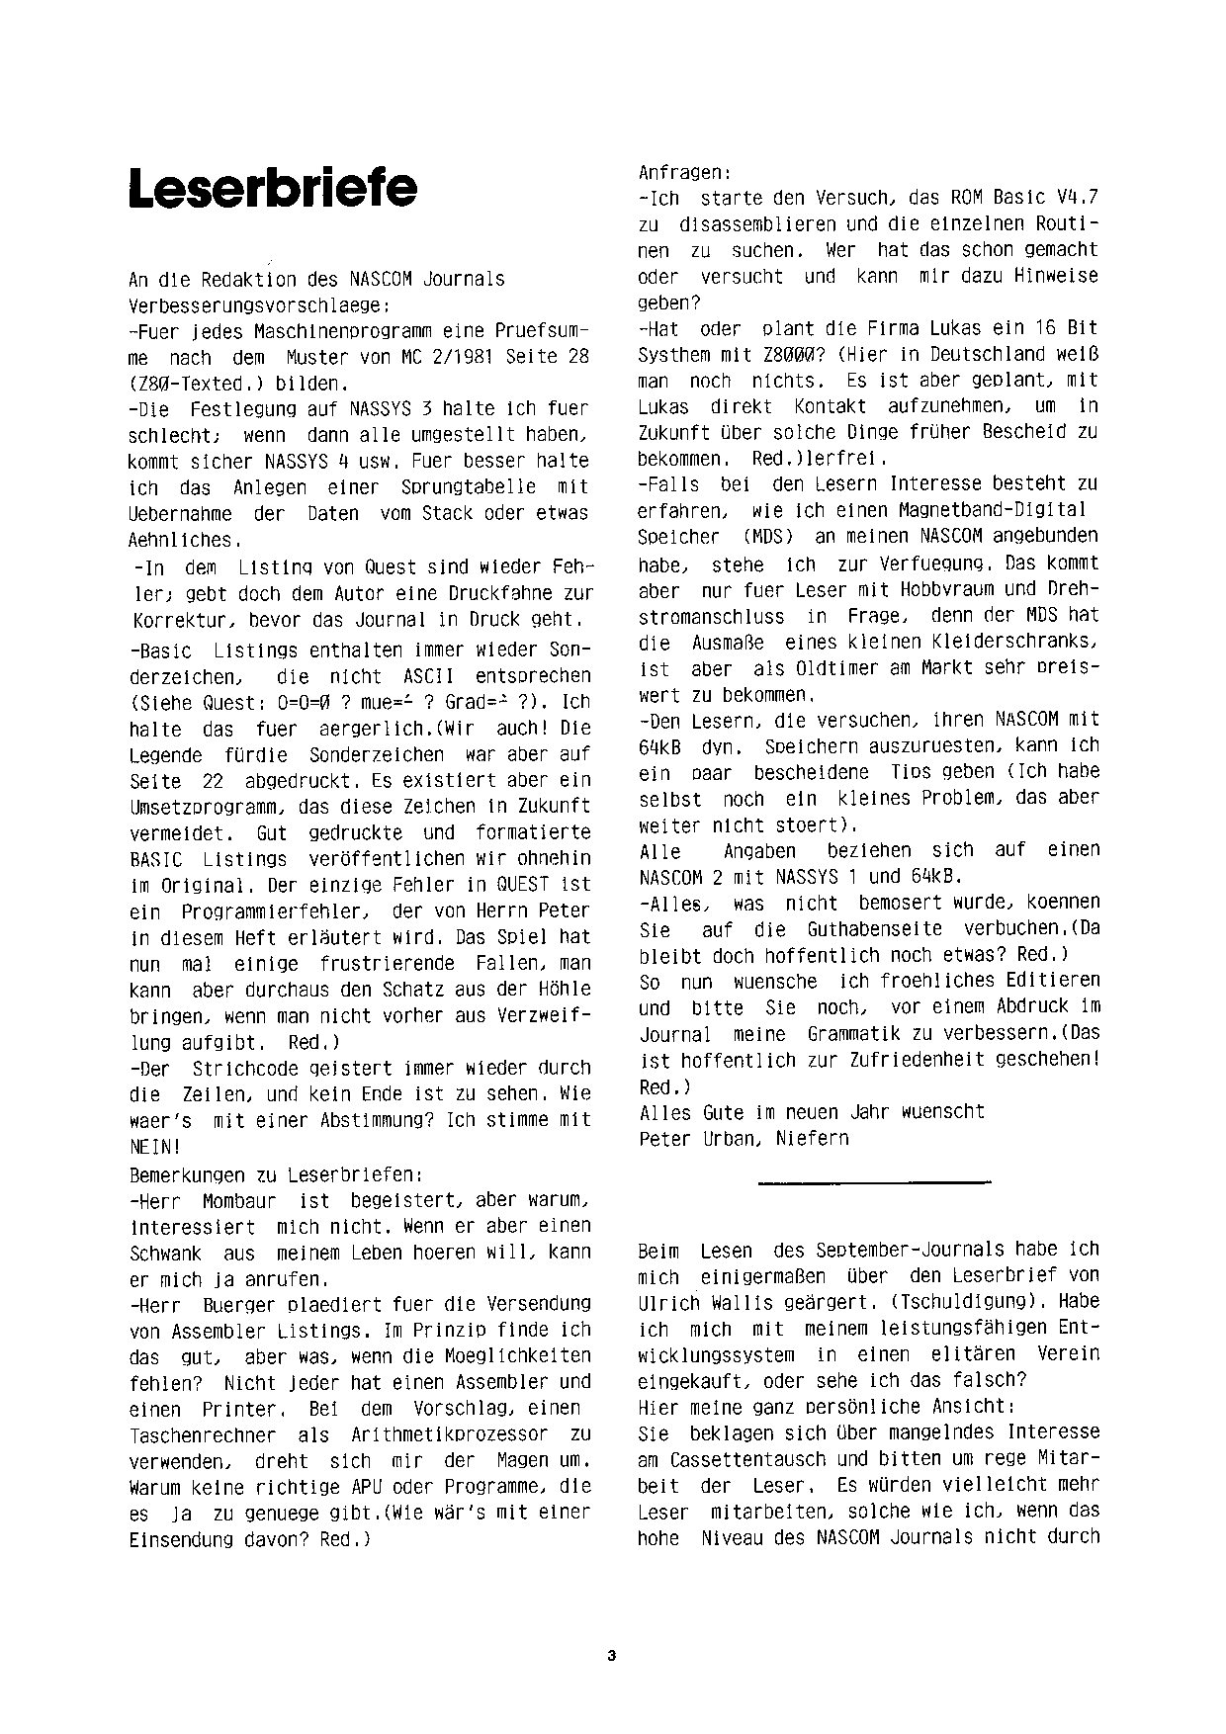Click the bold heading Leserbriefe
click(273, 188)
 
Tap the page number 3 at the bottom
click(612, 1655)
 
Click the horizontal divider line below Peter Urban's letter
click(873, 1181)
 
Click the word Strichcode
click(254, 1068)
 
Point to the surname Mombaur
click(237, 1201)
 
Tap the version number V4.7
click(1068, 198)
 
